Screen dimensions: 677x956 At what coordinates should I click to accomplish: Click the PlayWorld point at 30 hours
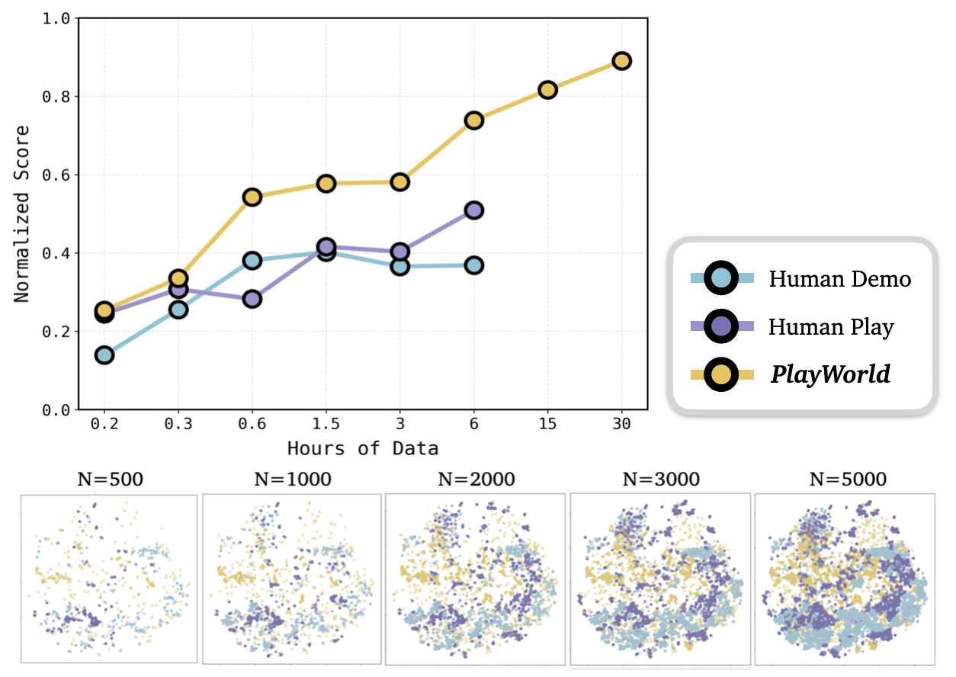(x=621, y=61)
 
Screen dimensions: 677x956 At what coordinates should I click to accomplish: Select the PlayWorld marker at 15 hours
(x=547, y=90)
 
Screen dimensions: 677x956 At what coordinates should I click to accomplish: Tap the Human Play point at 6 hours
(x=473, y=210)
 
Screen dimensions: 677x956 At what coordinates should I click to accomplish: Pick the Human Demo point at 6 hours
(x=473, y=265)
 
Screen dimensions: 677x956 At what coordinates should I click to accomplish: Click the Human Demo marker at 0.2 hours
(x=104, y=355)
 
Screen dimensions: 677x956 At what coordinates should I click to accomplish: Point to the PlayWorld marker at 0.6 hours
(x=252, y=197)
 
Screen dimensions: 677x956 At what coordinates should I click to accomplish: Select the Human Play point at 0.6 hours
(x=252, y=299)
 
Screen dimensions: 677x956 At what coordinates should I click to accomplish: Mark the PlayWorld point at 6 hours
(x=473, y=120)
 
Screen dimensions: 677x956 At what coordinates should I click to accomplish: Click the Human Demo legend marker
(x=721, y=278)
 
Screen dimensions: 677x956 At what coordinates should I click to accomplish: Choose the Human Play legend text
(x=831, y=327)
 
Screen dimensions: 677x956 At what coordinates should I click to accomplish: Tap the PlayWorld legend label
(x=830, y=374)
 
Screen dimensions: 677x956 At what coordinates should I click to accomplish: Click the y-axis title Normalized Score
(x=22, y=214)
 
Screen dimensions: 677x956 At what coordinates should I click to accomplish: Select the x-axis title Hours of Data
(x=363, y=448)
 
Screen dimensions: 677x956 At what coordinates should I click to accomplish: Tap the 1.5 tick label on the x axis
(x=326, y=425)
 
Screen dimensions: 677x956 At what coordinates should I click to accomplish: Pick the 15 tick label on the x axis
(x=547, y=425)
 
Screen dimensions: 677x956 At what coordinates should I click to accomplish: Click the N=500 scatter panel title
(x=111, y=480)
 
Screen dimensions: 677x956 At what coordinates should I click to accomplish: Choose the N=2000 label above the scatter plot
(x=476, y=480)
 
